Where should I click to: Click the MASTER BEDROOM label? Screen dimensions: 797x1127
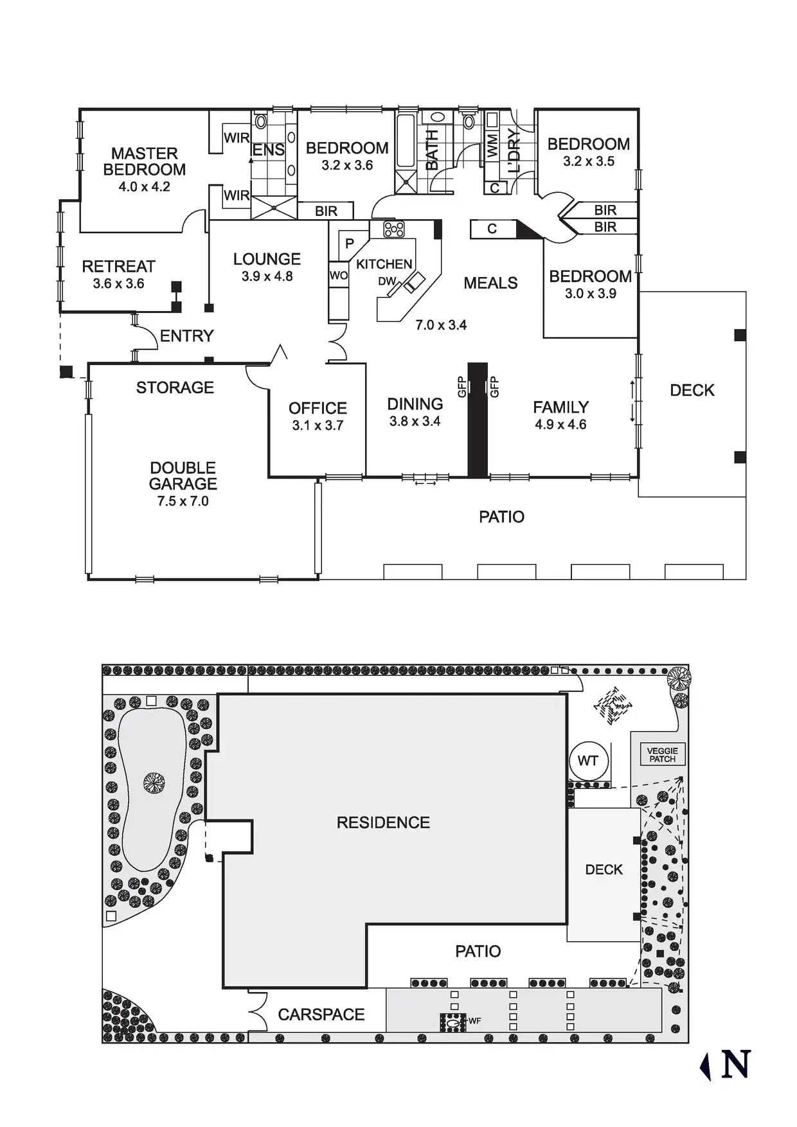(x=144, y=161)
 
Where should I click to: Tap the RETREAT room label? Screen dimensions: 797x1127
(x=118, y=266)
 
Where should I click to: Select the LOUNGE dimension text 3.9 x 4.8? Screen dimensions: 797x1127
(x=267, y=277)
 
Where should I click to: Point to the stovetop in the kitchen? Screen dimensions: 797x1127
(x=394, y=229)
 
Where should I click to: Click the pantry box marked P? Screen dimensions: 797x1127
(x=349, y=244)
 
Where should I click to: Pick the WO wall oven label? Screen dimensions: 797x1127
(x=338, y=276)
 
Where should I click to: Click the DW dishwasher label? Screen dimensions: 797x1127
(x=386, y=281)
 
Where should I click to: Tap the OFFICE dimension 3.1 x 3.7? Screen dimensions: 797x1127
(x=318, y=425)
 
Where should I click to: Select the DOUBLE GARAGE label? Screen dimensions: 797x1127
(x=183, y=475)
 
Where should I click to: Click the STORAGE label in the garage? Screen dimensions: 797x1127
(x=175, y=387)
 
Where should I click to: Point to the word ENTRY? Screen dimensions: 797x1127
(x=186, y=335)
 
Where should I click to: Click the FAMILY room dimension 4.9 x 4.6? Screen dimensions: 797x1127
(x=560, y=425)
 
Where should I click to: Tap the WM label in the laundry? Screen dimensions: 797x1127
(x=492, y=145)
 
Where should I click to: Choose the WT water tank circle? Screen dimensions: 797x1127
(x=587, y=761)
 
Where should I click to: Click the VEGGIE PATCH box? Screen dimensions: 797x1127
(x=662, y=754)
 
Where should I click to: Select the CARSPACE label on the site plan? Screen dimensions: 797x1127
(x=321, y=1015)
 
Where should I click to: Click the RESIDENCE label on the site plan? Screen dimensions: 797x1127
(x=383, y=822)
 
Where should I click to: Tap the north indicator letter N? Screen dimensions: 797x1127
(x=735, y=1065)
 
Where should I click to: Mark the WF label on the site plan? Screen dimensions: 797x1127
(x=475, y=1021)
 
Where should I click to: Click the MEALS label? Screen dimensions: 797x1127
(x=490, y=283)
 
